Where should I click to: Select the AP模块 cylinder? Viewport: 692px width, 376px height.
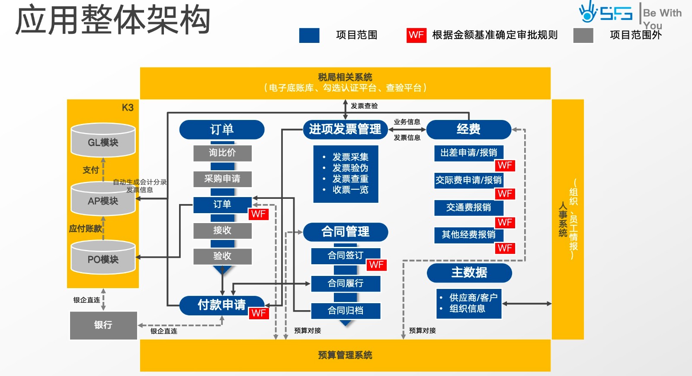pos(103,200)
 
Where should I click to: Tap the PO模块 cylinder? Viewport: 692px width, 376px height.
pos(103,259)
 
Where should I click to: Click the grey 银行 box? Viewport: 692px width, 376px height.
pos(103,325)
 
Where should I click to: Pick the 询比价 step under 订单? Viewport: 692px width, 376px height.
pos(222,152)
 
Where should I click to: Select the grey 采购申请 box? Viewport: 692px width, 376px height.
pos(222,178)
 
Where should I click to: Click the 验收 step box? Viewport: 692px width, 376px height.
pos(222,256)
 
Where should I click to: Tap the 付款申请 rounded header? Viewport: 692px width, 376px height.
pos(221,305)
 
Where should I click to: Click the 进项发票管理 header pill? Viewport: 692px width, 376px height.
pos(345,129)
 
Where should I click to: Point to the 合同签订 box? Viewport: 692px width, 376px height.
pos(345,256)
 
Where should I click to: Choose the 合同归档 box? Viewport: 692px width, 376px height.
pos(345,310)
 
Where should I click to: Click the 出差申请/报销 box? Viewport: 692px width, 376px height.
pos(469,152)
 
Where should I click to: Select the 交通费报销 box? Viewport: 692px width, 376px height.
pos(469,207)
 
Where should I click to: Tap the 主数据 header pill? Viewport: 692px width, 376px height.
pos(469,272)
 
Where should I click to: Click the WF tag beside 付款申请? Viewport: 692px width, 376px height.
pos(259,313)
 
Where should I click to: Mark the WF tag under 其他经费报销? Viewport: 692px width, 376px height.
pos(505,248)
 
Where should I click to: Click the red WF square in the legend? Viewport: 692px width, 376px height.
pos(416,35)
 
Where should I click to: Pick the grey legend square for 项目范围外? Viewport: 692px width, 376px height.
pos(583,35)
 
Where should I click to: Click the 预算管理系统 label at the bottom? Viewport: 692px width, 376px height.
pos(345,355)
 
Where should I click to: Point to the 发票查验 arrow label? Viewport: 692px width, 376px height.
pos(364,106)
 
